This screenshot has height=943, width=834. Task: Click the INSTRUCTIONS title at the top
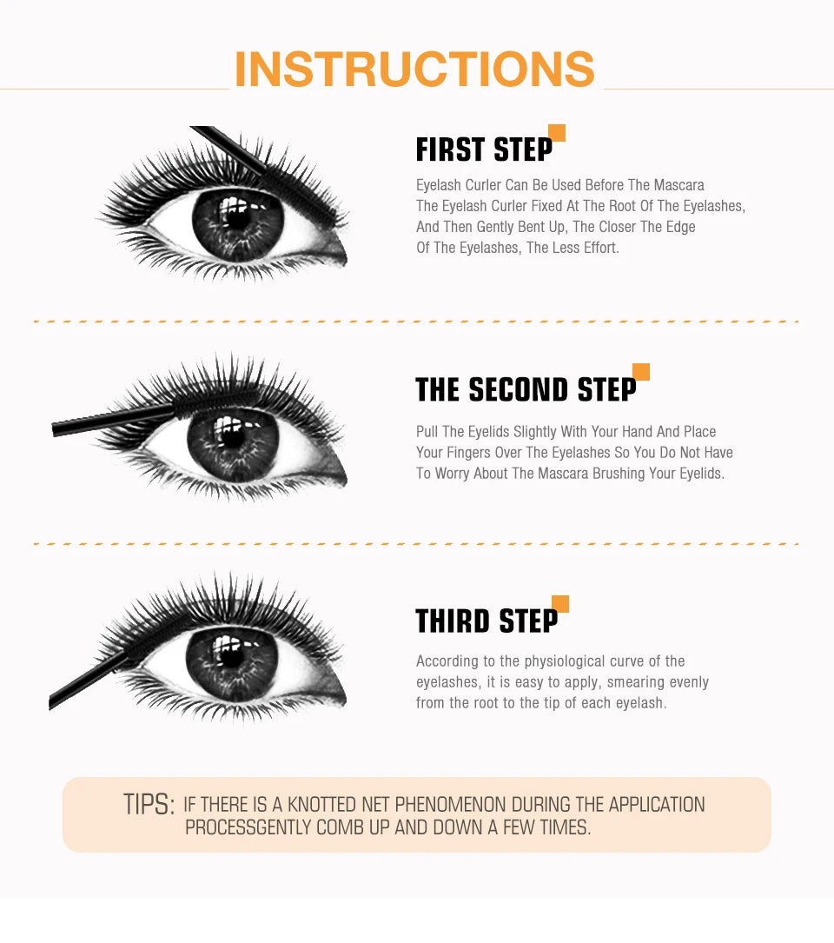[x=414, y=70]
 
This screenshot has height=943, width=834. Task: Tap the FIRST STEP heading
[x=484, y=149]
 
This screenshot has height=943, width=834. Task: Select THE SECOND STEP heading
[x=525, y=390]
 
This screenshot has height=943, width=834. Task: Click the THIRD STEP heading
[x=486, y=621]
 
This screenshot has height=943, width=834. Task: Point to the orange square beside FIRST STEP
[x=557, y=133]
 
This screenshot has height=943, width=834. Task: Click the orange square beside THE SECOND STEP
[x=641, y=372]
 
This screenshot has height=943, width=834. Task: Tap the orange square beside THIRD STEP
[x=560, y=604]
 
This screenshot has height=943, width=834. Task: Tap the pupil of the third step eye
[x=231, y=656]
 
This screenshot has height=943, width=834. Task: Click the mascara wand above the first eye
[x=231, y=148]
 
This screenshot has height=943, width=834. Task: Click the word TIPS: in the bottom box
[x=149, y=805]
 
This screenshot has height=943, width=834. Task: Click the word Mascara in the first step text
[x=678, y=185]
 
